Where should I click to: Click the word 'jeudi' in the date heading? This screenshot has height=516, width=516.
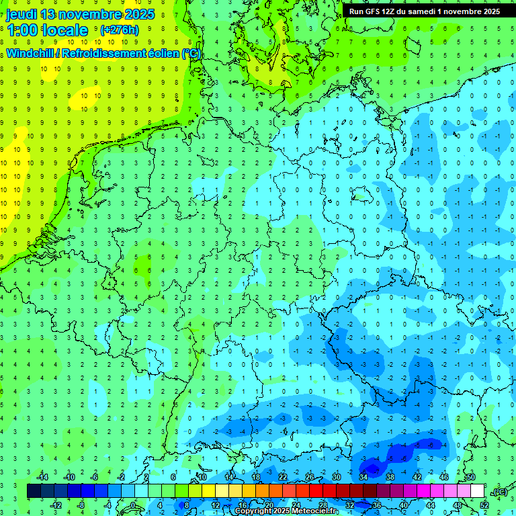[x=21, y=14]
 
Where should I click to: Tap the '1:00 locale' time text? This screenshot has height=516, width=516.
[x=48, y=30]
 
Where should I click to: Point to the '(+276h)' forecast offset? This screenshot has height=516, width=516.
[x=120, y=30]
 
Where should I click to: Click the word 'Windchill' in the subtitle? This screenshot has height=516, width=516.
[x=31, y=54]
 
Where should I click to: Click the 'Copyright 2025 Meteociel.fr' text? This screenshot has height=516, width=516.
[x=286, y=511]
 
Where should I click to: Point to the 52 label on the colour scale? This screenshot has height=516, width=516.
[x=484, y=505]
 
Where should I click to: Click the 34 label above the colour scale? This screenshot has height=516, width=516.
[x=363, y=477]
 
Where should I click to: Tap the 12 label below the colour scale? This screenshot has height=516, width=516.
[x=216, y=505]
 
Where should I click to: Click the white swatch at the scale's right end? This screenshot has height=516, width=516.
[x=477, y=491]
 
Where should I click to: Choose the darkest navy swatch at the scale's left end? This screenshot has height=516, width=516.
[x=34, y=491]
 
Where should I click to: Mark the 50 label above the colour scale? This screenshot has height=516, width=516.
[x=470, y=477]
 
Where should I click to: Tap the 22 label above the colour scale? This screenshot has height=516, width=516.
[x=283, y=477]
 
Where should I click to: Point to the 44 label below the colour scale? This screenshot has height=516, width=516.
[x=431, y=505]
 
